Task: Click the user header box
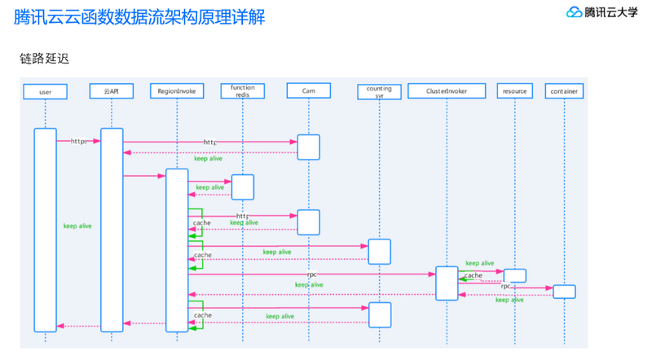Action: click(x=45, y=92)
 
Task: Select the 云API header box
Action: click(x=112, y=92)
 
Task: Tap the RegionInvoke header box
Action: click(x=177, y=92)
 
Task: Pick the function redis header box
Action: click(x=243, y=91)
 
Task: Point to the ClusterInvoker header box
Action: click(x=447, y=92)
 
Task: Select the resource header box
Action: click(x=514, y=92)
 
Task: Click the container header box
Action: click(x=564, y=92)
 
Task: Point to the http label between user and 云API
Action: click(x=78, y=141)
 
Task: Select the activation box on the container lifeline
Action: click(x=564, y=291)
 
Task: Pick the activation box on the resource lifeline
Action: click(x=514, y=275)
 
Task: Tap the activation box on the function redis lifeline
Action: click(x=243, y=187)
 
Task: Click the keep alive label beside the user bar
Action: click(x=77, y=226)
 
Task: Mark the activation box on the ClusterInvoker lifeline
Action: click(x=447, y=283)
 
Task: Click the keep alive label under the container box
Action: click(x=510, y=300)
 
